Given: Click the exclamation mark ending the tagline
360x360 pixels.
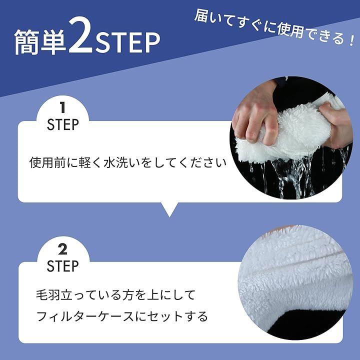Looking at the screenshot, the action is tap(351, 40).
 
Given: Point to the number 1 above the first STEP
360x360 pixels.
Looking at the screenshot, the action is tap(62, 107).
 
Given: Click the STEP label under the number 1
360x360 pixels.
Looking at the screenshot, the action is tap(62, 125).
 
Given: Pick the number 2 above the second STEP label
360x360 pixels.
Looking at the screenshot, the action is tap(62, 249).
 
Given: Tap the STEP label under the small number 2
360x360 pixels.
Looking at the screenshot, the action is tap(62, 266).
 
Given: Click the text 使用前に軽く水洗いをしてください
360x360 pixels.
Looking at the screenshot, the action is tap(128, 162).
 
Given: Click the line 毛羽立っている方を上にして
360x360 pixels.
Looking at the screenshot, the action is tap(115, 295).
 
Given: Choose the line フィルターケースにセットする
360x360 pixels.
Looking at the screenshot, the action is tap(122, 316).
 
